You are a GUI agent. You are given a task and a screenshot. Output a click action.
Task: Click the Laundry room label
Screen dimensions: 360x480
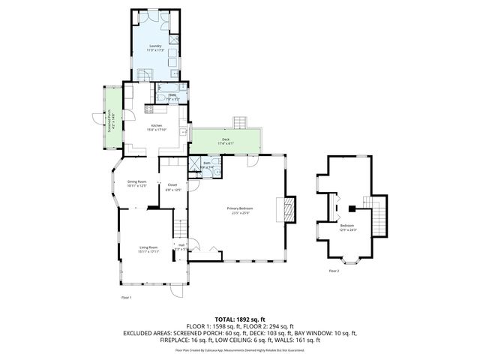[x=155, y=47]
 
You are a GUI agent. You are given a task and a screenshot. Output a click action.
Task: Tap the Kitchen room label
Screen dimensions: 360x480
[x=157, y=127]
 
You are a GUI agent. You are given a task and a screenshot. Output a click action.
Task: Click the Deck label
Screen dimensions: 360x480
[x=225, y=140]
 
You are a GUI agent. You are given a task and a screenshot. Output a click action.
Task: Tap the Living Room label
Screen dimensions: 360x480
[x=148, y=249]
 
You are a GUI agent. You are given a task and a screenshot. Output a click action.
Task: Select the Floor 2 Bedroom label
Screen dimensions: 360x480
[x=346, y=227]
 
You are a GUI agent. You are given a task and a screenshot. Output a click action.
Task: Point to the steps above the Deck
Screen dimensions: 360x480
[x=240, y=122]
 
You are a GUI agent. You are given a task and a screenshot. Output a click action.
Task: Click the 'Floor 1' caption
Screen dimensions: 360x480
[x=126, y=298]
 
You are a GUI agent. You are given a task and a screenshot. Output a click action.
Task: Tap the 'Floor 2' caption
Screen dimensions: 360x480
[x=333, y=271]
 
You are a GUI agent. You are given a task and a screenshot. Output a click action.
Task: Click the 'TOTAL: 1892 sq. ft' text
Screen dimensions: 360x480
[x=240, y=319]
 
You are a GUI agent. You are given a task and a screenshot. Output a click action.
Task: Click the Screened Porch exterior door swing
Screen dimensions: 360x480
[x=96, y=118]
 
